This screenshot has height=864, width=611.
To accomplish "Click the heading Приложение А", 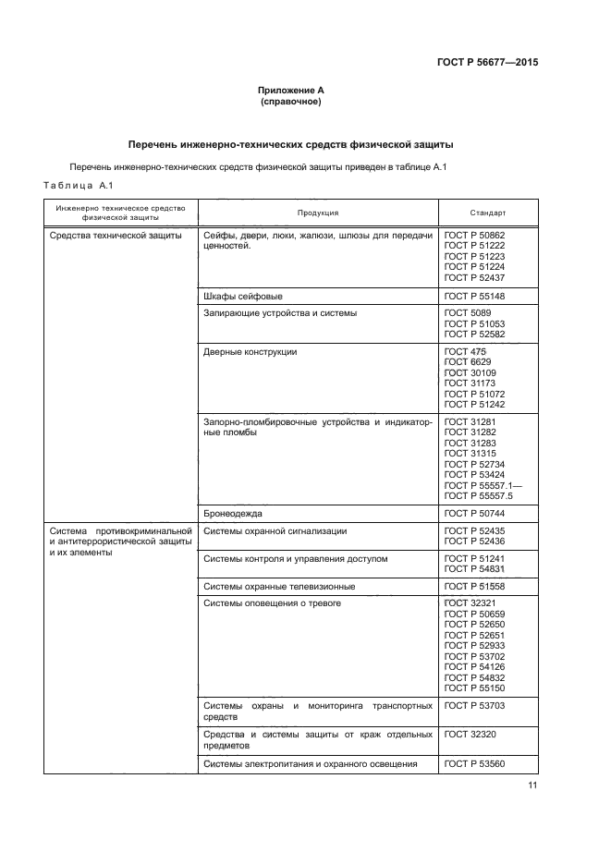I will [291, 90].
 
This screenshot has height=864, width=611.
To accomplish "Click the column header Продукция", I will [317, 213].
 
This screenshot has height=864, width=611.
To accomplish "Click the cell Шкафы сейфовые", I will [242, 296].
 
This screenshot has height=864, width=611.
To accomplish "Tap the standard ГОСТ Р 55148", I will [474, 296].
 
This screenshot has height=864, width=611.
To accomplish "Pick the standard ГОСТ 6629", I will [464, 362].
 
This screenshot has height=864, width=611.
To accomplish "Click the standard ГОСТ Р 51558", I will [474, 587].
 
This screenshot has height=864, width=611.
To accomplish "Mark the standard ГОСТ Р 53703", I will [474, 706].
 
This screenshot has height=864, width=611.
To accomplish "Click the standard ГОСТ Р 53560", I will [474, 763].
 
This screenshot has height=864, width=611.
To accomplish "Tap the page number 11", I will [532, 785].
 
